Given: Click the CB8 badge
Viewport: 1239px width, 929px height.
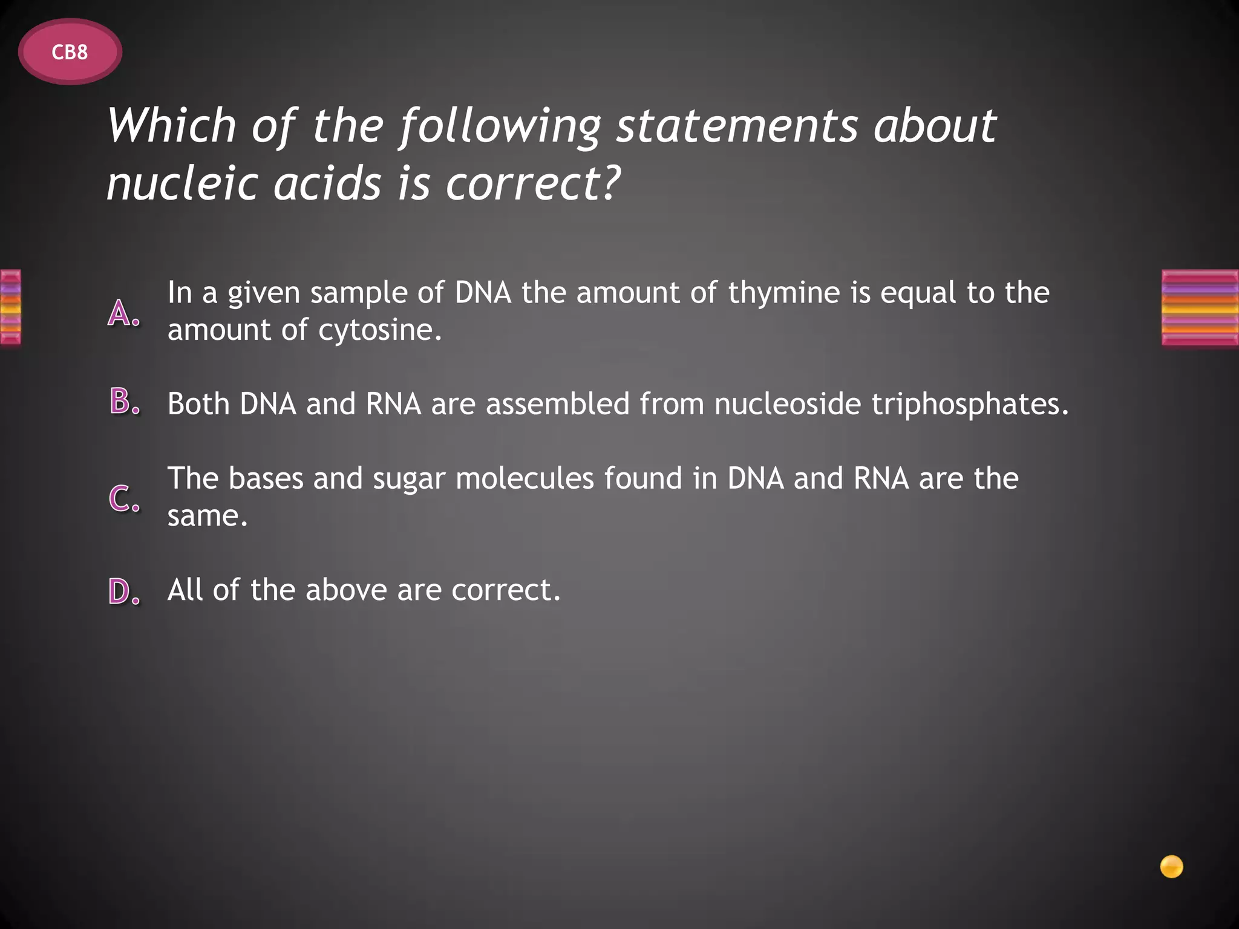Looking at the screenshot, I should [70, 52].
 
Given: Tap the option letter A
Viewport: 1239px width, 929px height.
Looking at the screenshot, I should [123, 313].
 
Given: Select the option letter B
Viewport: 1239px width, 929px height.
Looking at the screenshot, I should [125, 402].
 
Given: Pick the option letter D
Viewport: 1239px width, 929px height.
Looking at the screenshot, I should [124, 591].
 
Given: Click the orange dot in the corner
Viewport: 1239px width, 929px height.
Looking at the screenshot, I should [1171, 866].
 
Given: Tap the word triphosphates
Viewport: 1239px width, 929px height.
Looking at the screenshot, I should [970, 404].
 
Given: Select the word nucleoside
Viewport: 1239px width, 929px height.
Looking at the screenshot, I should [788, 403].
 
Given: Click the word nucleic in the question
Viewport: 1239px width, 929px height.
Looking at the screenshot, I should [182, 183].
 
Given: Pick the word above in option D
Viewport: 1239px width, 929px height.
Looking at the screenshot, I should [345, 590].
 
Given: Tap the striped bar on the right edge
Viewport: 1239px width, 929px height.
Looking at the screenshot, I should [1200, 308].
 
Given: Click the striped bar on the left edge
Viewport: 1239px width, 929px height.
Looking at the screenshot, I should [10, 307].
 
